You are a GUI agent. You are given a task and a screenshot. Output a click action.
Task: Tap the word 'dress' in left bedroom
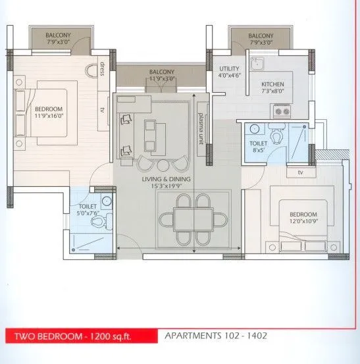[103, 68]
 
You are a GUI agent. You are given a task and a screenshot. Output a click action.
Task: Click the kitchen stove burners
[282, 112]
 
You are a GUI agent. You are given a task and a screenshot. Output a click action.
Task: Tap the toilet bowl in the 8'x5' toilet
[276, 136]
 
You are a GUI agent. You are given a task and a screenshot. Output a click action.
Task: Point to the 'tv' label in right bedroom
[300, 173]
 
